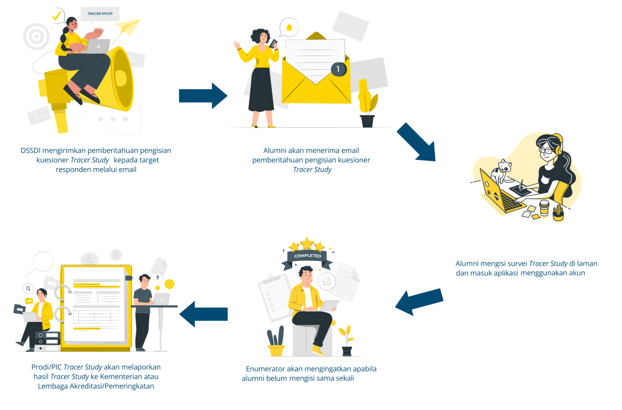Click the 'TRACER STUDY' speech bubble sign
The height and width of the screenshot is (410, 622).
click(x=100, y=14)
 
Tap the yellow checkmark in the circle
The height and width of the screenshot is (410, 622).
click(x=57, y=16)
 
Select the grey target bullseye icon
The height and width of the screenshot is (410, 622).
click(x=36, y=36)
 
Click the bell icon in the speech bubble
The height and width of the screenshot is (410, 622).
click(x=289, y=28)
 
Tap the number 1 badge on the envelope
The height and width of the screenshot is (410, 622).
click(x=338, y=69)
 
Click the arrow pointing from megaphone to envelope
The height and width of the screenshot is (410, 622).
click(x=203, y=96)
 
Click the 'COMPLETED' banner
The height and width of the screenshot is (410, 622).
click(x=307, y=256)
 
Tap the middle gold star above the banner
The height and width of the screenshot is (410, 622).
click(x=307, y=243)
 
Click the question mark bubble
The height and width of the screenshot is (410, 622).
click(x=158, y=278)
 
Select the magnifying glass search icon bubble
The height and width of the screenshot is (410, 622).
click(x=28, y=288)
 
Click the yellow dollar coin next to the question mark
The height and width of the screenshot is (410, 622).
click(x=169, y=284)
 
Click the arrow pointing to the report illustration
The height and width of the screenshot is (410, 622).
click(x=204, y=314)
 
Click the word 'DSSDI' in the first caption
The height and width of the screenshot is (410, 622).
click(x=30, y=151)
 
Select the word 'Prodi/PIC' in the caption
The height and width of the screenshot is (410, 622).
click(x=47, y=367)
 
